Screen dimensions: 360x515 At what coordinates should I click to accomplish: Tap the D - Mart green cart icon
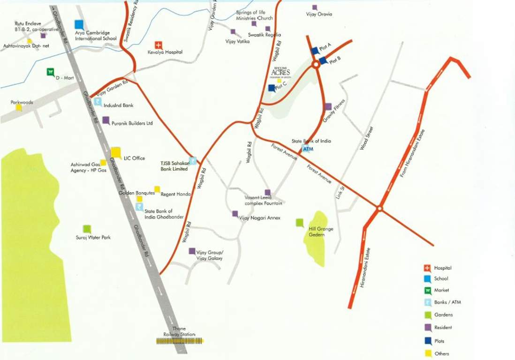[x=50, y=72]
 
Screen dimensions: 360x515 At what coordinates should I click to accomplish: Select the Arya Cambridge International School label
[x=96, y=36]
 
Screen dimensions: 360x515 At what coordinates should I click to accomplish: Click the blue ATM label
[x=308, y=149]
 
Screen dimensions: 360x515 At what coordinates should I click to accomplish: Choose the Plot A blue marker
[x=314, y=51]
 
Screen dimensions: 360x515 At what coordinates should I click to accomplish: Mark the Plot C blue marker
[x=272, y=88]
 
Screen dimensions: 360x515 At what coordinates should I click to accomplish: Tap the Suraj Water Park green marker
[x=87, y=229]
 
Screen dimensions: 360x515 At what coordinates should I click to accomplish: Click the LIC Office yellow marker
[x=115, y=152]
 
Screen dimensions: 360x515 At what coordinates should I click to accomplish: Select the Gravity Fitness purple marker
[x=328, y=107]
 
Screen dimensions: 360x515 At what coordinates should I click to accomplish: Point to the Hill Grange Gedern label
[x=321, y=232]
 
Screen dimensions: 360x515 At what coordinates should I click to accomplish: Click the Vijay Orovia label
[x=319, y=14]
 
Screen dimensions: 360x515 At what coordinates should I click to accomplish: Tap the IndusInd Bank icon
[x=98, y=102]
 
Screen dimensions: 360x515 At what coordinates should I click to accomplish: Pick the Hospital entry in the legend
[x=443, y=268]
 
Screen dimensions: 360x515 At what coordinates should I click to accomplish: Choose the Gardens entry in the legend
[x=443, y=315]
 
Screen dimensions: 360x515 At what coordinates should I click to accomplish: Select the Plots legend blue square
[x=427, y=341]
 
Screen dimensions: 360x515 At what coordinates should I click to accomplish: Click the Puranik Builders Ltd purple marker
[x=106, y=120]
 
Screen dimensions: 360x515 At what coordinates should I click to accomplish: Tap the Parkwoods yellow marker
[x=19, y=107]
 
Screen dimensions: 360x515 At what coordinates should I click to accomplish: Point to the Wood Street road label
[x=366, y=138]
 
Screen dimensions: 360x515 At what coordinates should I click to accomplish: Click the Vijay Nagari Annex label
[x=257, y=218]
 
